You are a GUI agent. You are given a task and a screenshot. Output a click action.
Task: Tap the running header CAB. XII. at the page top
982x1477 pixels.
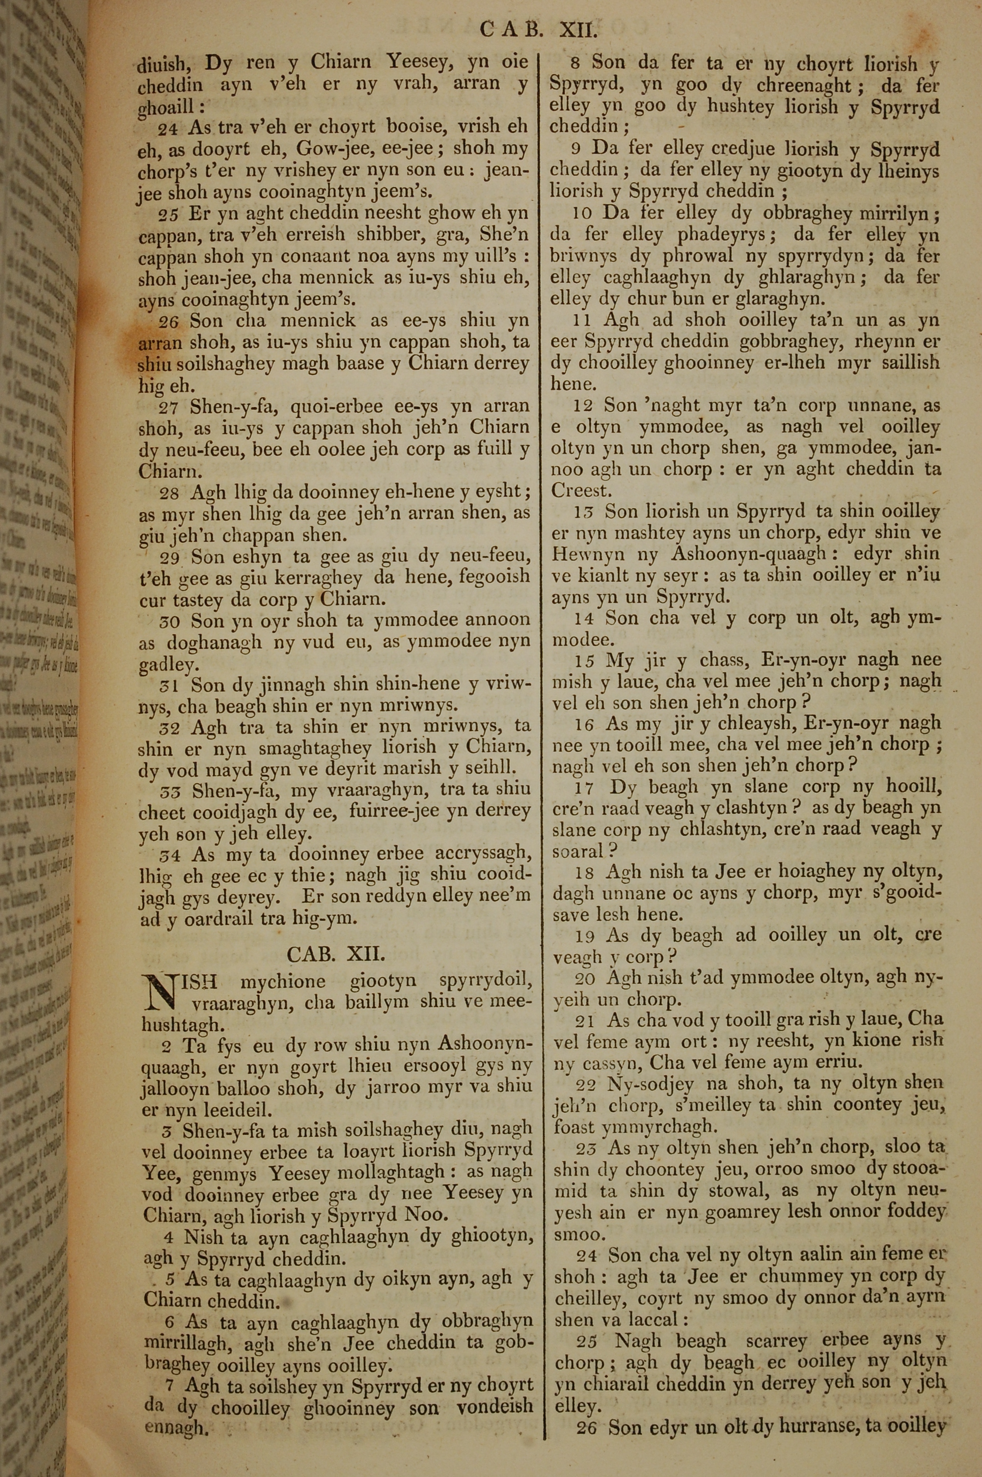pyautogui.click(x=539, y=29)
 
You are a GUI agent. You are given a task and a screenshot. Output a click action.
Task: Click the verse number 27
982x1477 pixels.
pyautogui.click(x=168, y=408)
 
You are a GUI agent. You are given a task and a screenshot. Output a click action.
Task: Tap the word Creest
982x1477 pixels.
pyautogui.click(x=580, y=490)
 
